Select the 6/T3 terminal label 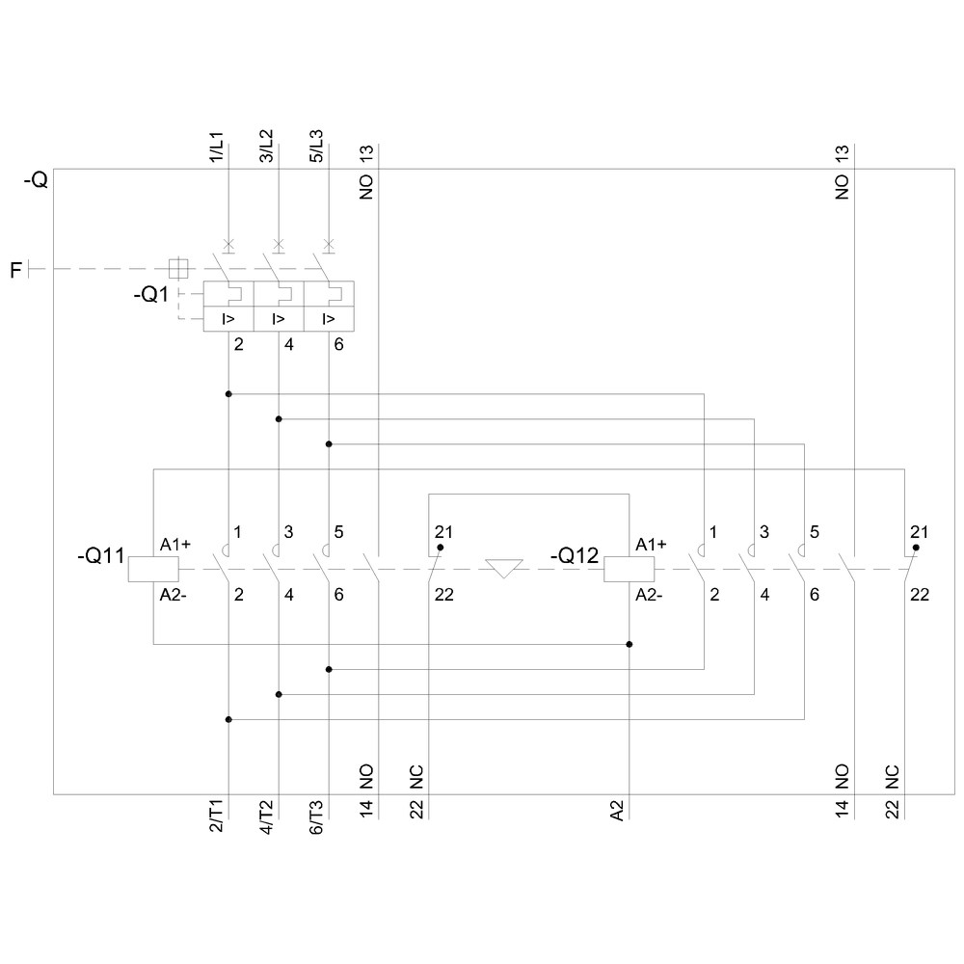tap(316, 817)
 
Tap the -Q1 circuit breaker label tap(152, 295)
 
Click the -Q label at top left tap(35, 180)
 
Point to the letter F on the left tap(15, 270)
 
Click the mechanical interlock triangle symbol tap(504, 568)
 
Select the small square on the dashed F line tap(177, 268)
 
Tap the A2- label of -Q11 tap(174, 594)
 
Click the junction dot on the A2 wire tap(629, 644)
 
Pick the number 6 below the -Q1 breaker tap(338, 344)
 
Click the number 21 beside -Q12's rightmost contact tap(920, 532)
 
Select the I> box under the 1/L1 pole tap(228, 319)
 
